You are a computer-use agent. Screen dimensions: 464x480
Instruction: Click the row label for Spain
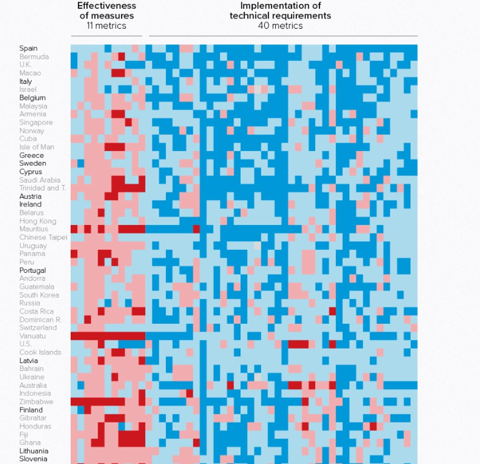29,48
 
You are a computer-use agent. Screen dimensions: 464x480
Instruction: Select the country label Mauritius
34,229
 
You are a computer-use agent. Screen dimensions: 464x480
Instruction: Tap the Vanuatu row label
33,336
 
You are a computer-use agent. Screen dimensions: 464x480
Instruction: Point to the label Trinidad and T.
43,188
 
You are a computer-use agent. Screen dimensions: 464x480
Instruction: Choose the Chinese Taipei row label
43,237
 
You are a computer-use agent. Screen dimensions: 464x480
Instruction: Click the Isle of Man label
37,147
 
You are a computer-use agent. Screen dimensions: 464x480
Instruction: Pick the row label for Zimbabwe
36,402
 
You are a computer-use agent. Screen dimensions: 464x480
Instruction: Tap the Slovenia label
34,459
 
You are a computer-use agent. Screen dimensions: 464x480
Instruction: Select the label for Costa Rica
37,312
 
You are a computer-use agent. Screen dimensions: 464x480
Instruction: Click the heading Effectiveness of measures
107,11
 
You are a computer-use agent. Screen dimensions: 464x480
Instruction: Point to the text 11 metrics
107,25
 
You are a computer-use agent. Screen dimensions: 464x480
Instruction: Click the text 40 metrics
280,25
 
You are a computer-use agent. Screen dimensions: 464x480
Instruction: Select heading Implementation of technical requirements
280,11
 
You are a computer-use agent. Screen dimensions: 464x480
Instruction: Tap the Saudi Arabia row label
40,180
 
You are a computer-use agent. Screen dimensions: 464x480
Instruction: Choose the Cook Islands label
40,352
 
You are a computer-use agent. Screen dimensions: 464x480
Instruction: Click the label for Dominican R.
40,320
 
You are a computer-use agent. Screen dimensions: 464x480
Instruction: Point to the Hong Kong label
38,221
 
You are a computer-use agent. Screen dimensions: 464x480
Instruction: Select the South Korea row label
39,295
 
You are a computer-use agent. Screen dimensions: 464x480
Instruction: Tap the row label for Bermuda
34,57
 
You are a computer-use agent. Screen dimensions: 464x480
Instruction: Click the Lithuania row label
34,451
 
